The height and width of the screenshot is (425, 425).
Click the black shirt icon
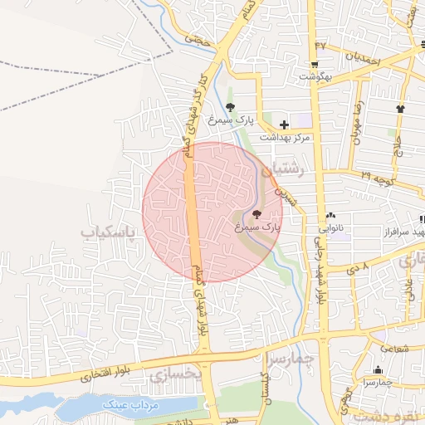[x=401, y=108]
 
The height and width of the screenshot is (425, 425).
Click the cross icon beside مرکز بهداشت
[x=284, y=124]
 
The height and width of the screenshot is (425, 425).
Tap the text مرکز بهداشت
[x=285, y=137]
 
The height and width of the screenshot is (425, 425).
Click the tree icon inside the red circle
[x=255, y=215]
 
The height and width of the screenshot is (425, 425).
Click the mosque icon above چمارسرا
[x=378, y=370]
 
